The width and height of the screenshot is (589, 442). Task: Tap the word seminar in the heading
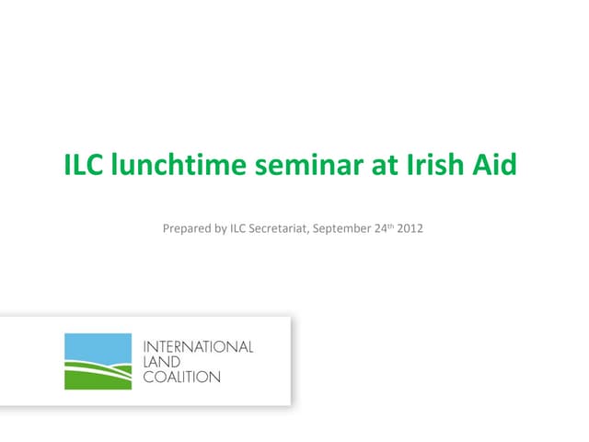[312, 168]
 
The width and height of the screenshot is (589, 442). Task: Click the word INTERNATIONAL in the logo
[198, 347]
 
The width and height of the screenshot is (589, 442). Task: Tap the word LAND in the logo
[161, 362]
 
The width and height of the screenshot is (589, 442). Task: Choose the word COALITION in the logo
[182, 377]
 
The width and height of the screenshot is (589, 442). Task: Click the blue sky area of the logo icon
[97, 345]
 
